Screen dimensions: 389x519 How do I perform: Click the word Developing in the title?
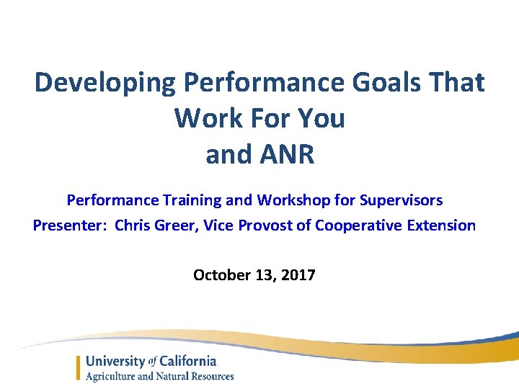pos(105,83)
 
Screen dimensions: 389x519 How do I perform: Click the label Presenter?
pos(69,225)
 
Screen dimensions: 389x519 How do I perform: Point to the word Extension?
pos(440,225)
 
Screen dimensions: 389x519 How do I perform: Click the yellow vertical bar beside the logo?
pos(79,368)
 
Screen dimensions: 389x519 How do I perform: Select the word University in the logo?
pos(115,361)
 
